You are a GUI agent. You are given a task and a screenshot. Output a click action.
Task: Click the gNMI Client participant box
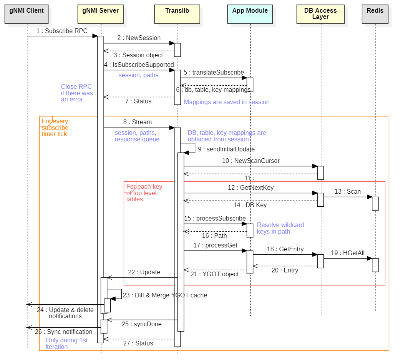[x=27, y=14]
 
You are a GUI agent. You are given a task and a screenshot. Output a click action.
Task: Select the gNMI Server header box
[x=101, y=14]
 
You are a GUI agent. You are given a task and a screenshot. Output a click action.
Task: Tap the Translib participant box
[x=177, y=14]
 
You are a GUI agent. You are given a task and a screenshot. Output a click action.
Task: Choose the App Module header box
[x=250, y=14]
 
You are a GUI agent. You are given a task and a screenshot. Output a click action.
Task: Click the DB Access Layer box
[x=320, y=14]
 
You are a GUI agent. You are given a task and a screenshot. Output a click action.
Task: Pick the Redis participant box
[x=375, y=14]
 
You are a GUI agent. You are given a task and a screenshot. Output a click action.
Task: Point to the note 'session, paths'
[x=138, y=75]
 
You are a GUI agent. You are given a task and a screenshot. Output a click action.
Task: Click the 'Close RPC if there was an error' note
[x=77, y=93]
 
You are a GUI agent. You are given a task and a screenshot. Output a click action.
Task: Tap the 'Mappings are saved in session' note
[x=226, y=102]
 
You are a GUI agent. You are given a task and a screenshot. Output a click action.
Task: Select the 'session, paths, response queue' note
[x=137, y=136]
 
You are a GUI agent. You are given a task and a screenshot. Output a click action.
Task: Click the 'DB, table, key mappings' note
[x=227, y=136]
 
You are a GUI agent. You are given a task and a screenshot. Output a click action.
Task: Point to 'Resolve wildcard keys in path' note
[x=280, y=228]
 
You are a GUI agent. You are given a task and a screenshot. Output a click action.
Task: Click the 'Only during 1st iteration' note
[x=66, y=343]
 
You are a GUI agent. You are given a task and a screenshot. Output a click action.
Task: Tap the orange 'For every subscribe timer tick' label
[x=55, y=128]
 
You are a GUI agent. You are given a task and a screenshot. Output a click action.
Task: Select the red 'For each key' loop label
[x=144, y=193]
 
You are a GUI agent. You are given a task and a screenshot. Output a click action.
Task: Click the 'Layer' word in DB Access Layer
[x=320, y=17]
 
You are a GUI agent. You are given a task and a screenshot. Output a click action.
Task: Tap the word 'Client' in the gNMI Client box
[x=35, y=11]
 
